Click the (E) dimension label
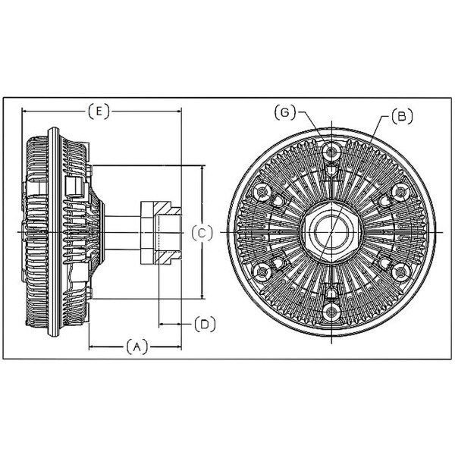(99, 111)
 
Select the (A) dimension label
(137, 347)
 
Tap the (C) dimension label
(202, 233)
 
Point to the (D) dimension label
(205, 324)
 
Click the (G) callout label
(285, 112)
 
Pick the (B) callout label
(402, 116)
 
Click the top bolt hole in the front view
(331, 151)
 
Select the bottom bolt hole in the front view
(331, 312)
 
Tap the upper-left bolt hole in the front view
(262, 192)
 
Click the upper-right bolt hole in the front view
(401, 192)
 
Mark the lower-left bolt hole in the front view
(262, 272)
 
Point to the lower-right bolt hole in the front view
(401, 272)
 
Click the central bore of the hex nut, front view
(331, 231)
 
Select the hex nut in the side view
(161, 233)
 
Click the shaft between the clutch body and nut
(122, 233)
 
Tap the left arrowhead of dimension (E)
(25, 111)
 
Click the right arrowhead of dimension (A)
(178, 347)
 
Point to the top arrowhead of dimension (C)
(202, 169)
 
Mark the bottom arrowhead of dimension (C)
(202, 295)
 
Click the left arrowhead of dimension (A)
(93, 347)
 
